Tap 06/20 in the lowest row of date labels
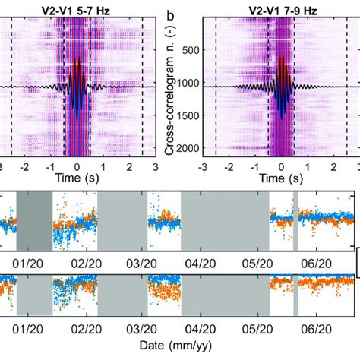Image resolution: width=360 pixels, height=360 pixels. click(317, 331)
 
